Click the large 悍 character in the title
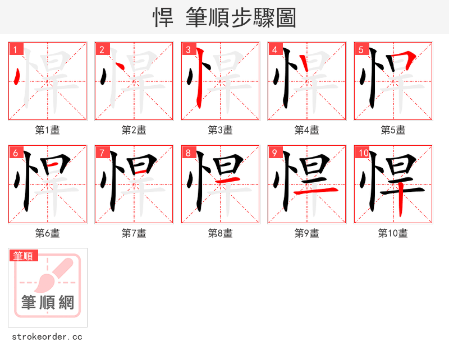163,18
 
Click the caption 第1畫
48,130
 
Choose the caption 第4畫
307,130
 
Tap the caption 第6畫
48,233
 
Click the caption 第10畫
393,233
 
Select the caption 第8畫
221,233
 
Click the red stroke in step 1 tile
18,77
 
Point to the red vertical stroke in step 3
198,84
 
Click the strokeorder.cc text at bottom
47,337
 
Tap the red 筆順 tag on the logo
24,256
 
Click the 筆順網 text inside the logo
48,303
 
